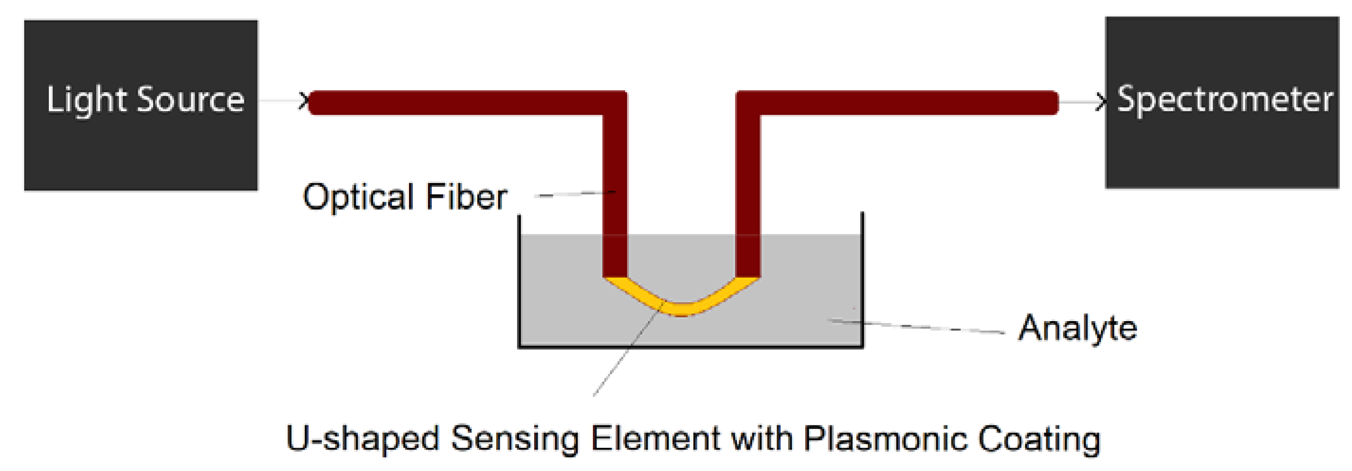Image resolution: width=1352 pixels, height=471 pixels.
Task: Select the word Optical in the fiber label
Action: (x=358, y=197)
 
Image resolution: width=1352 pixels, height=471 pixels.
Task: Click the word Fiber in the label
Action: (x=466, y=197)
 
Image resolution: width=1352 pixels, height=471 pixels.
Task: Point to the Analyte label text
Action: (x=1078, y=329)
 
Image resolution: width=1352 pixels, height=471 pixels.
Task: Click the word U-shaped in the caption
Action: (x=362, y=439)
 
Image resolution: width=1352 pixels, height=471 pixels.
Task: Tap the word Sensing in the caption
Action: (x=514, y=439)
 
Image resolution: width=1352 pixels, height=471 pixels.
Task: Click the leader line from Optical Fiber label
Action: (x=575, y=194)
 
